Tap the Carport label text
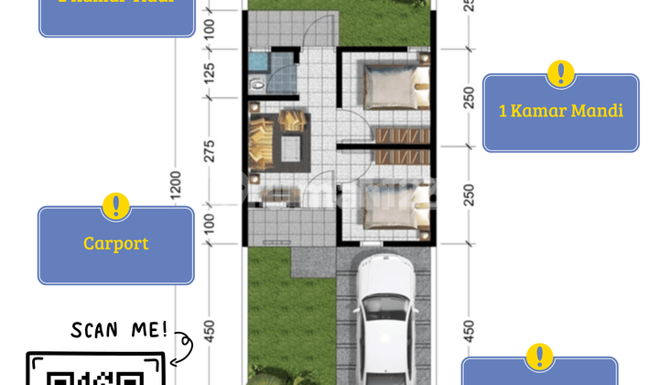pos(115,244)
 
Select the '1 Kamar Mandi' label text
pos(560,112)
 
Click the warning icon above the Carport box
pos(115,206)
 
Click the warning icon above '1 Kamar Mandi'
pos(560,73)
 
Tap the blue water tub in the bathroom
pos(259,61)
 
